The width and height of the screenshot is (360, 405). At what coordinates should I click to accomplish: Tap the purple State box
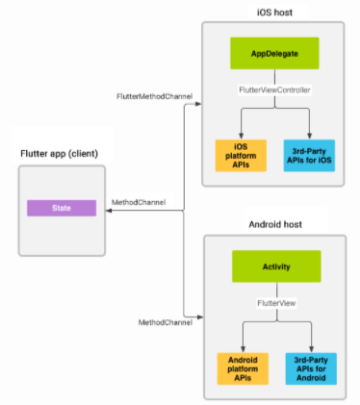tap(61, 208)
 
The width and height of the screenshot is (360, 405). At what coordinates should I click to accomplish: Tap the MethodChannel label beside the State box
tap(138, 203)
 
